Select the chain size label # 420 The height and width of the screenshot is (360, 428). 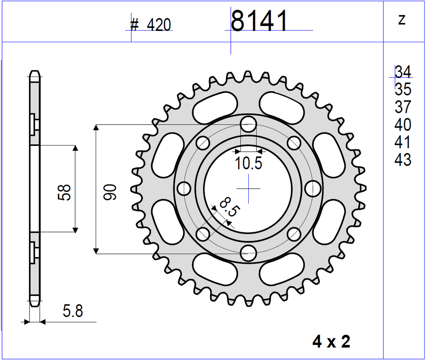[150, 26]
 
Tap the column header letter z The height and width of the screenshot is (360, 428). [402, 19]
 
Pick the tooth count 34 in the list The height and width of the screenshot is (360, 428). [403, 72]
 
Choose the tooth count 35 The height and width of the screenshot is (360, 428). [403, 89]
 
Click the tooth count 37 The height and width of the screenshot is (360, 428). [403, 107]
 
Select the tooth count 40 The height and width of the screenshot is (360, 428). [403, 125]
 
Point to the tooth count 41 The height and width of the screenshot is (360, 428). [403, 142]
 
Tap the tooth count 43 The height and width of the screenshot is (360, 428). [403, 160]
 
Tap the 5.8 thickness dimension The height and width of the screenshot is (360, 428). [73, 311]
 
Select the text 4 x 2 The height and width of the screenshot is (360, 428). [331, 342]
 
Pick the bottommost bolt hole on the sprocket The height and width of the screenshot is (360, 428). [249, 252]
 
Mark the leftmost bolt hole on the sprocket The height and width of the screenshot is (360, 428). [184, 189]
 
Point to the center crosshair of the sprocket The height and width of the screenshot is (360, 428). [249, 189]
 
